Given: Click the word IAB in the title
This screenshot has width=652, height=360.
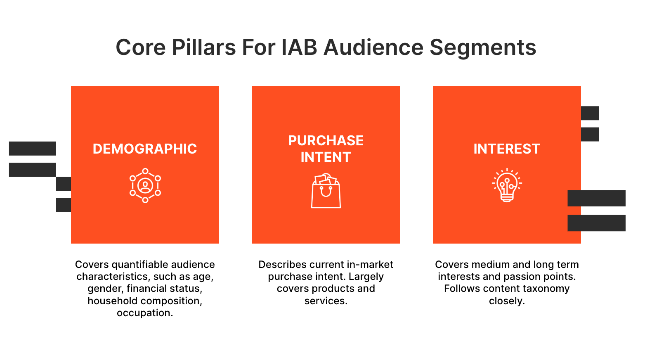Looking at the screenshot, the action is pos(299,47).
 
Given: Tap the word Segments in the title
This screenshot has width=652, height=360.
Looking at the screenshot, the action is pos(483,48).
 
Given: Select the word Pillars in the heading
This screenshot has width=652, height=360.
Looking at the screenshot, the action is pos(204,47).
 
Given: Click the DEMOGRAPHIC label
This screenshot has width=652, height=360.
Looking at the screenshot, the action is pos(145,149).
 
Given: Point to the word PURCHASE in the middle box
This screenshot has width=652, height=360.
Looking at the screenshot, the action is pos(326,141).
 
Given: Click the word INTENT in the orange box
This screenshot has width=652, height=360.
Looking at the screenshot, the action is pos(326,157).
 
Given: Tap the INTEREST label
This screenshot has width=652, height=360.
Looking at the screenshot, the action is pos(507,149).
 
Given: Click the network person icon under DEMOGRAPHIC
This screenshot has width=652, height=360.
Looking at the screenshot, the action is pos(145,185).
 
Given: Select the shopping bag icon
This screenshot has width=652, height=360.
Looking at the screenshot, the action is pos(326,190).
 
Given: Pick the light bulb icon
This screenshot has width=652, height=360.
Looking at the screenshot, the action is pos(507,185).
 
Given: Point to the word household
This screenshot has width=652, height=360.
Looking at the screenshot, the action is pos(113,301).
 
